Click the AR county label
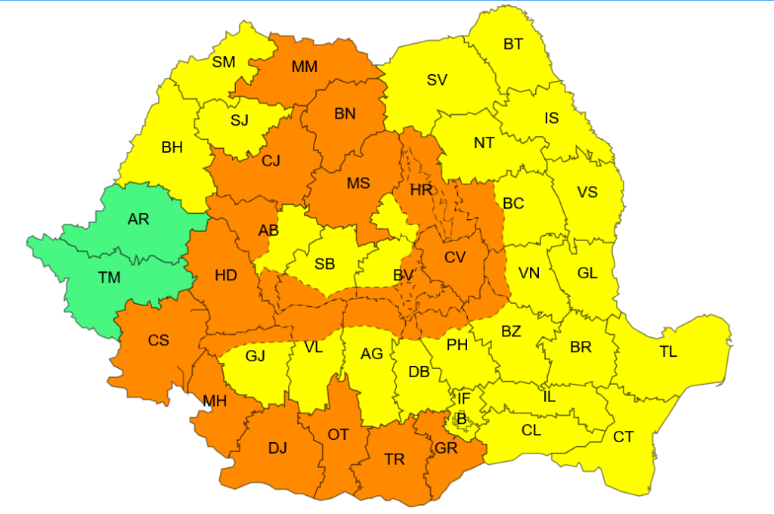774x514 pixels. point(138,220)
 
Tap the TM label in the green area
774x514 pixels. point(110,277)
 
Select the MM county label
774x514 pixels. point(304,67)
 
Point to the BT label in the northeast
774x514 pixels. point(513,45)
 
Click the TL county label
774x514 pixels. point(668,351)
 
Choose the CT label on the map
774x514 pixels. point(624,437)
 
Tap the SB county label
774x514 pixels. point(325,264)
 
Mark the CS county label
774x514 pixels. point(158,340)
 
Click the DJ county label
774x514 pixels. point(277,447)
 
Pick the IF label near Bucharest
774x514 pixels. point(464,398)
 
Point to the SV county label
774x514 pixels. point(437,80)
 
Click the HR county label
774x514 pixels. point(421,190)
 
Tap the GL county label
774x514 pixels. point(587,273)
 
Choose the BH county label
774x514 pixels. point(172,147)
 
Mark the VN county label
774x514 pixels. point(529,273)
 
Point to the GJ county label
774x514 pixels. point(255,355)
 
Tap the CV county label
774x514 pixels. point(454,257)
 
